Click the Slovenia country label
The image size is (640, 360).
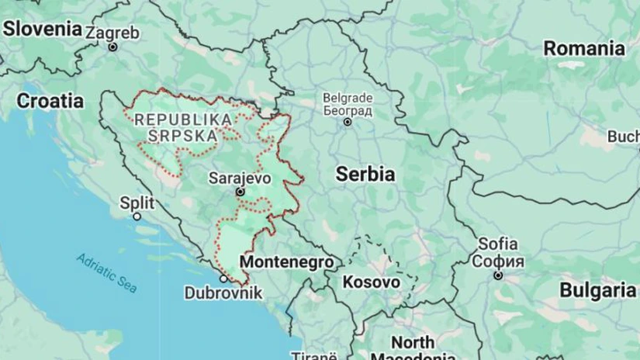[43, 29]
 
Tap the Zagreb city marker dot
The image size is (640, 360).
[112, 47]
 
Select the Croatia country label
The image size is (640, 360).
[50, 100]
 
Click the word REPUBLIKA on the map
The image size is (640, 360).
[183, 119]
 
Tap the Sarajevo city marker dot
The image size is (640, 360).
[240, 192]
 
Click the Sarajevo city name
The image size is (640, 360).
[240, 178]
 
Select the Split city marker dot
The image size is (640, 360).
[137, 216]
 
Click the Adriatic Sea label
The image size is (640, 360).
[107, 272]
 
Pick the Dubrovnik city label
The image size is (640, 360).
[223, 293]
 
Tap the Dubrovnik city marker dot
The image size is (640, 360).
[223, 278]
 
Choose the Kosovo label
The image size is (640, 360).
[372, 282]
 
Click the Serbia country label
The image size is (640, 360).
[365, 175]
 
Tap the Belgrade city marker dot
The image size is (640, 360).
[348, 122]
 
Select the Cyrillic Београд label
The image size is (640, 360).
[348, 110]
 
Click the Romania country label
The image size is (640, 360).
[583, 48]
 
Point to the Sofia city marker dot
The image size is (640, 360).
[498, 275]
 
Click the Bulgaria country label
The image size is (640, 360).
[597, 290]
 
